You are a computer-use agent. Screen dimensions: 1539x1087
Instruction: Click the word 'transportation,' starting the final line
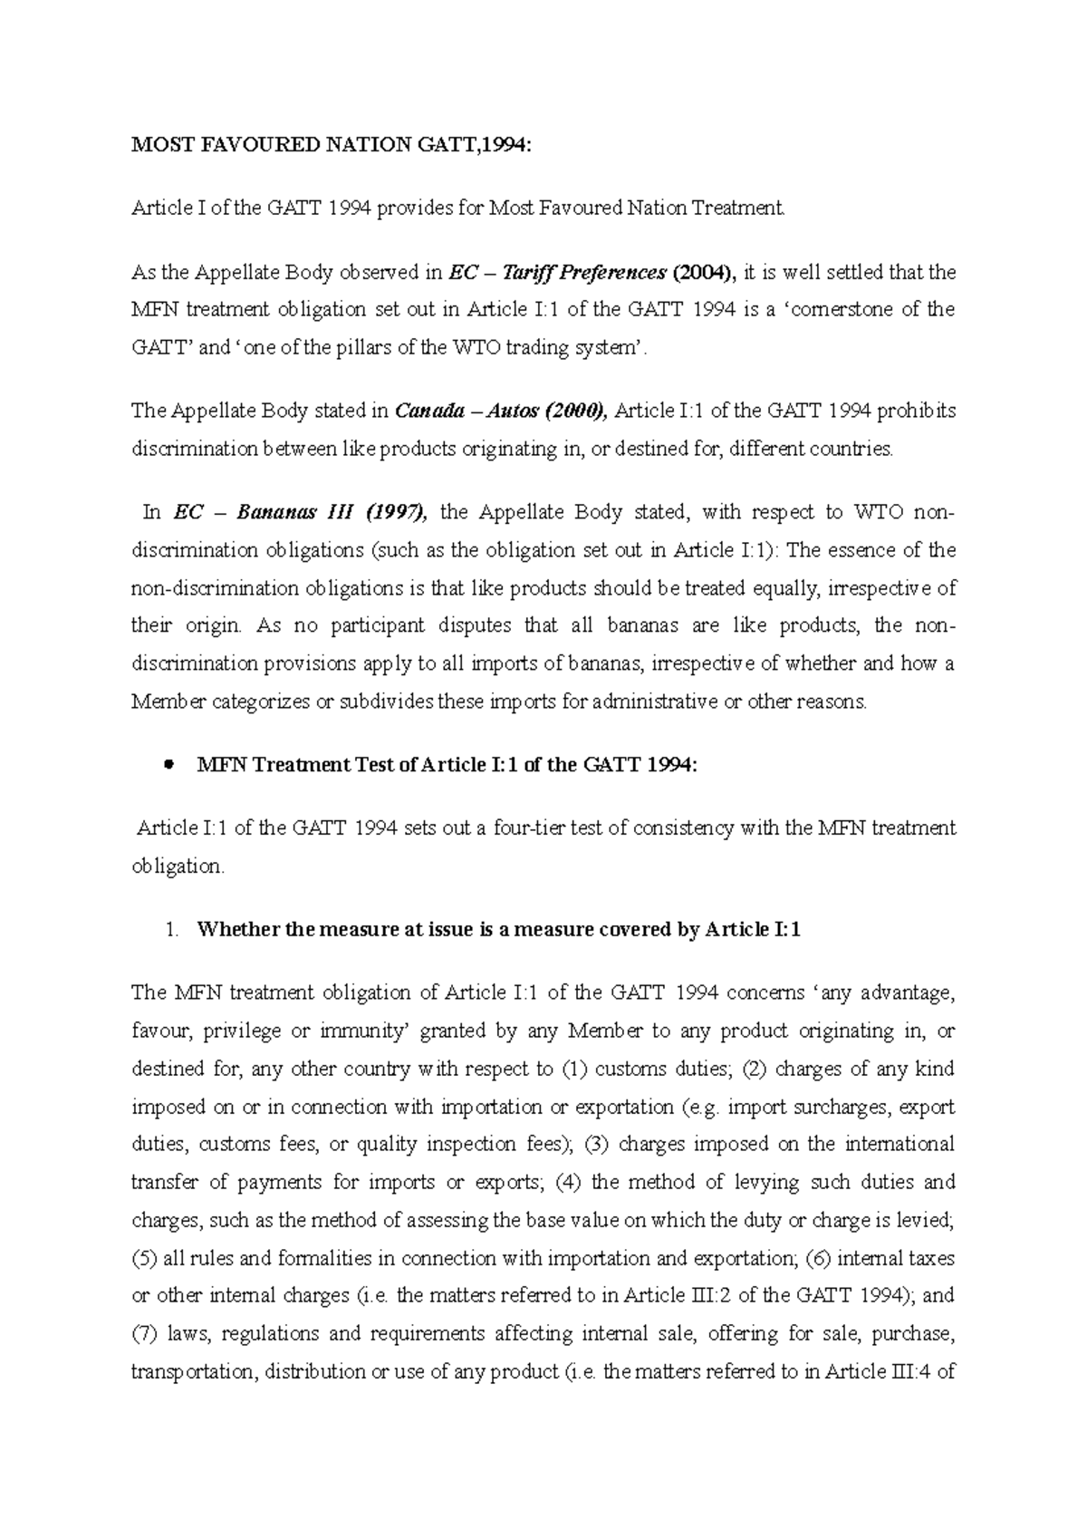[x=189, y=1371]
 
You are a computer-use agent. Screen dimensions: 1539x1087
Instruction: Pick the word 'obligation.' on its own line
[x=177, y=866]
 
